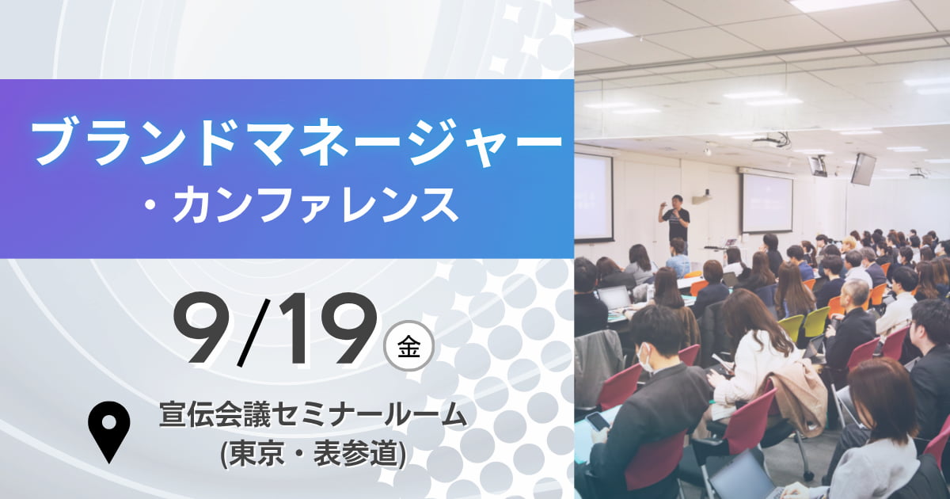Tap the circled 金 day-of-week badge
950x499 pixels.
[x=408, y=346]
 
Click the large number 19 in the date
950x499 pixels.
[x=325, y=329]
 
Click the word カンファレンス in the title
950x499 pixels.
[x=316, y=205]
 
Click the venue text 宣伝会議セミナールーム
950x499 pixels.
[x=313, y=415]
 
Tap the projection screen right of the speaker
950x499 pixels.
[x=767, y=203]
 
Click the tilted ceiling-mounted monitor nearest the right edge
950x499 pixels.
[x=863, y=170]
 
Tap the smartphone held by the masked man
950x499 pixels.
[x=597, y=421]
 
